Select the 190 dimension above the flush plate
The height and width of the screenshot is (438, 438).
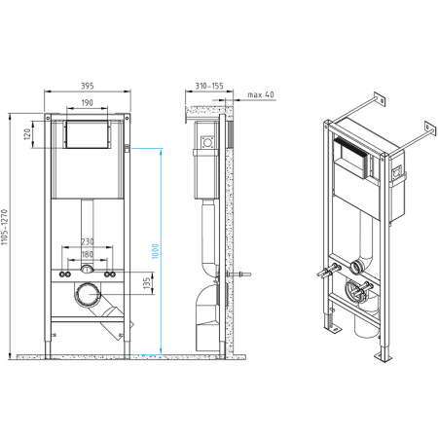point(88,104)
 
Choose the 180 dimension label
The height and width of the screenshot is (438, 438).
point(87,255)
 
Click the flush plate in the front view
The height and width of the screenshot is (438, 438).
point(88,134)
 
